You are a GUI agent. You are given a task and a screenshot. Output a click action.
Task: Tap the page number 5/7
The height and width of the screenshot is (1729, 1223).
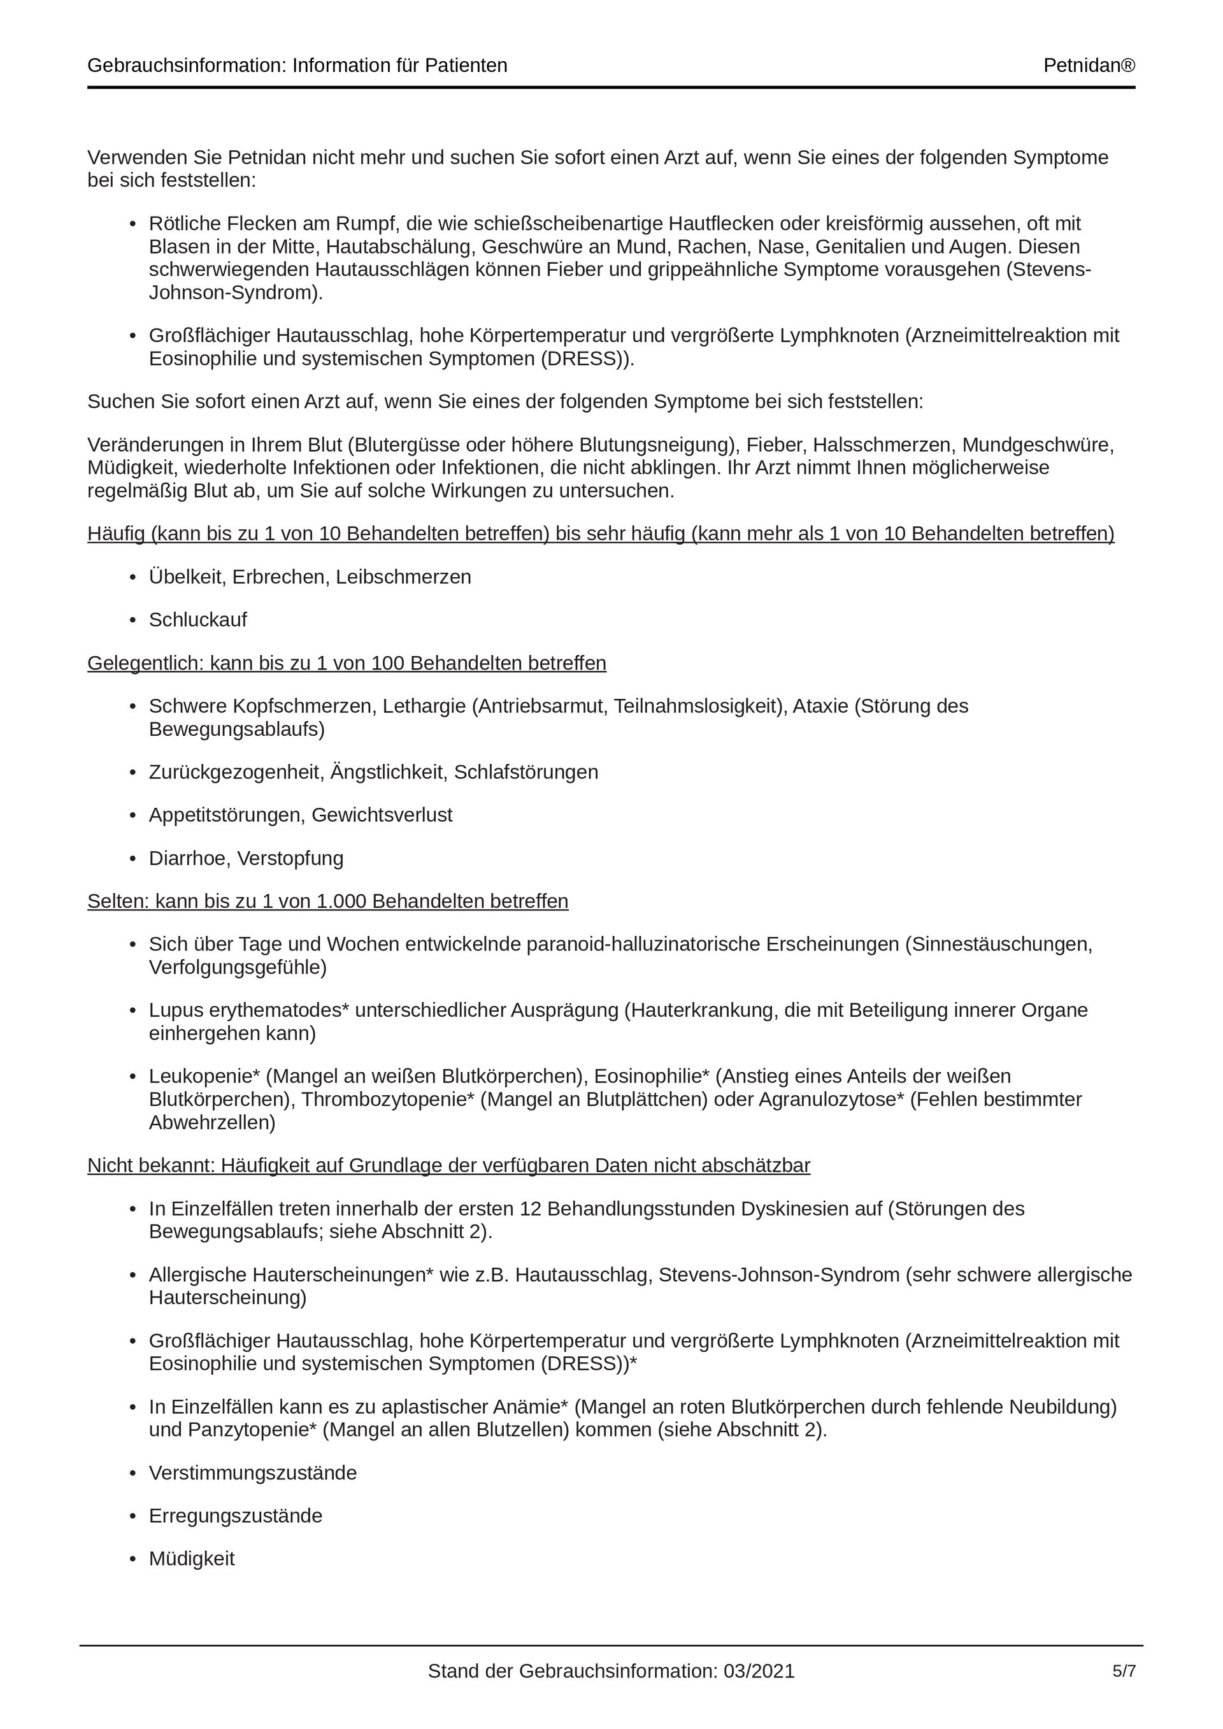pyautogui.click(x=1124, y=1671)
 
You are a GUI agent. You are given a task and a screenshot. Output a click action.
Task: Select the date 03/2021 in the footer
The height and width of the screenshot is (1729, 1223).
pyautogui.click(x=759, y=1671)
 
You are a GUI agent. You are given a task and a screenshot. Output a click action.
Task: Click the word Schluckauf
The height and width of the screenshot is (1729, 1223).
pyautogui.click(x=197, y=620)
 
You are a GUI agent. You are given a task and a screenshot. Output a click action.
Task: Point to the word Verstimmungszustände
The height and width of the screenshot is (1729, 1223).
pyautogui.click(x=252, y=1472)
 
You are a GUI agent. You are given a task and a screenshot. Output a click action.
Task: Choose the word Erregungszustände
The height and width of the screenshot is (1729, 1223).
pyautogui.click(x=235, y=1515)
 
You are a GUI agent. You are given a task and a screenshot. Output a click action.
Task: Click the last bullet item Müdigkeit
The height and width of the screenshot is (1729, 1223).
pyautogui.click(x=191, y=1558)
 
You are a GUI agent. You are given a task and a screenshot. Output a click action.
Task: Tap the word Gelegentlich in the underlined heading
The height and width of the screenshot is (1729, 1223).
pyautogui.click(x=145, y=663)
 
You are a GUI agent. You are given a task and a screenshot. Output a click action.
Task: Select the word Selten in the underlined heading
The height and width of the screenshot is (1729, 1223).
pyautogui.click(x=118, y=901)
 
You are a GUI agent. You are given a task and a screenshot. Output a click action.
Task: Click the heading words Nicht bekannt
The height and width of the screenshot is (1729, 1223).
pyautogui.click(x=150, y=1165)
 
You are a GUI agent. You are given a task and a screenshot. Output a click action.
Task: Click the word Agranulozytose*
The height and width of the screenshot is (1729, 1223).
pyautogui.click(x=831, y=1100)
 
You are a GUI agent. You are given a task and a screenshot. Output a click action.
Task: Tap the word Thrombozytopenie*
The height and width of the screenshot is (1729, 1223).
pyautogui.click(x=388, y=1100)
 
